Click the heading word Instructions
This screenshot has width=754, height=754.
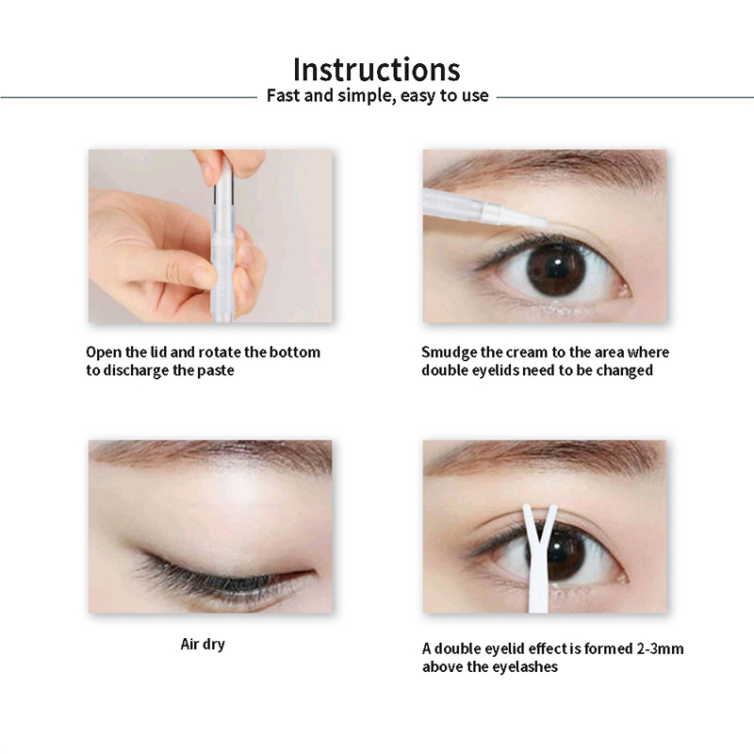[376, 70]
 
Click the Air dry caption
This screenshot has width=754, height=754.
[203, 645]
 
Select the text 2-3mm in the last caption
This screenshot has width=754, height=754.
[660, 648]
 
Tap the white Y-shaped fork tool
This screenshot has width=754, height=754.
[539, 558]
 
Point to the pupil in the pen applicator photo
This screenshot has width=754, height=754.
[556, 268]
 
